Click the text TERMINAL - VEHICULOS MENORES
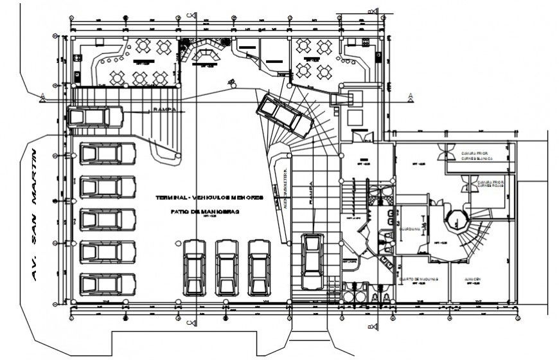[209, 198]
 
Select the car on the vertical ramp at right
[313, 262]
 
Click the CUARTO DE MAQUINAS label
[418, 279]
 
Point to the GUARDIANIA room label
[409, 229]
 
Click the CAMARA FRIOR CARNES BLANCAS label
[476, 156]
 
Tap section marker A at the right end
[409, 96]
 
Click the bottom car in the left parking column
[107, 284]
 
